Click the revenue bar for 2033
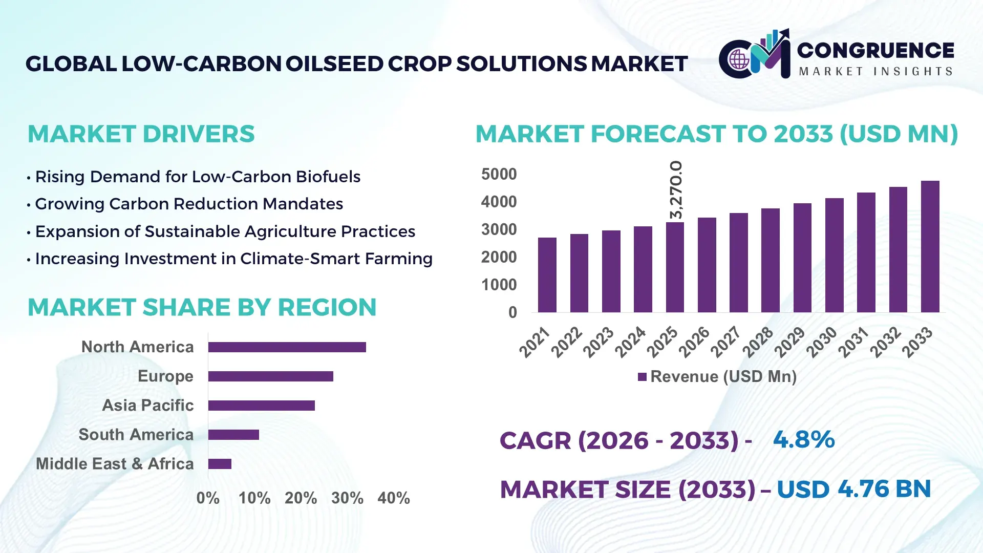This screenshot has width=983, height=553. pyautogui.click(x=930, y=247)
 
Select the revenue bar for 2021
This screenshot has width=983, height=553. pyautogui.click(x=547, y=275)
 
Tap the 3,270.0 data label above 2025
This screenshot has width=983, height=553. pyautogui.click(x=676, y=190)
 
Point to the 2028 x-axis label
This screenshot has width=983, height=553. pyautogui.click(x=758, y=342)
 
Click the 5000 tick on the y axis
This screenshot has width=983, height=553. pyautogui.click(x=499, y=174)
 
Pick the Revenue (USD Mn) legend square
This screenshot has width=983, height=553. pyautogui.click(x=642, y=377)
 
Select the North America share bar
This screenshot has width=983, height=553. pyautogui.click(x=287, y=347)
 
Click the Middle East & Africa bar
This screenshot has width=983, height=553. pyautogui.click(x=220, y=464)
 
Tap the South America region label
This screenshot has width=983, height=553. pyautogui.click(x=136, y=435)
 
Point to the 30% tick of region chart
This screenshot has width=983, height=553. pyautogui.click(x=347, y=498)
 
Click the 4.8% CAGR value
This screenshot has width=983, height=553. pyautogui.click(x=804, y=439)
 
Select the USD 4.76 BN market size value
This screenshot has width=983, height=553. pyautogui.click(x=853, y=489)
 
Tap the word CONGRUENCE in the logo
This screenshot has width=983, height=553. pyautogui.click(x=875, y=50)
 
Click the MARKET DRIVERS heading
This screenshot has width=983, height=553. pyautogui.click(x=141, y=134)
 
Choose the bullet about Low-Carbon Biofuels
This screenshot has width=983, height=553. pyautogui.click(x=198, y=177)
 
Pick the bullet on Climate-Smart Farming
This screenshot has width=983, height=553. pyautogui.click(x=233, y=259)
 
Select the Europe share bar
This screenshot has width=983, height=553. pyautogui.click(x=270, y=376)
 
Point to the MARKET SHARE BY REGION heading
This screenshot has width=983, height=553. pyautogui.click(x=202, y=308)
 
